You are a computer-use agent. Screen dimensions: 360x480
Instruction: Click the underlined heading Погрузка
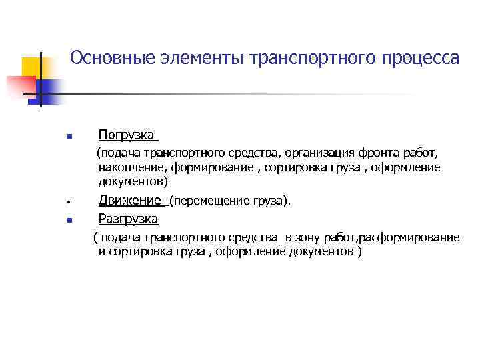click(x=127, y=136)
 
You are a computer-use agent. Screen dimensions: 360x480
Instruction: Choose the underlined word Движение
click(x=131, y=200)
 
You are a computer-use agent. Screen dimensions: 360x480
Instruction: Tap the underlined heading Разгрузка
click(x=128, y=219)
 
